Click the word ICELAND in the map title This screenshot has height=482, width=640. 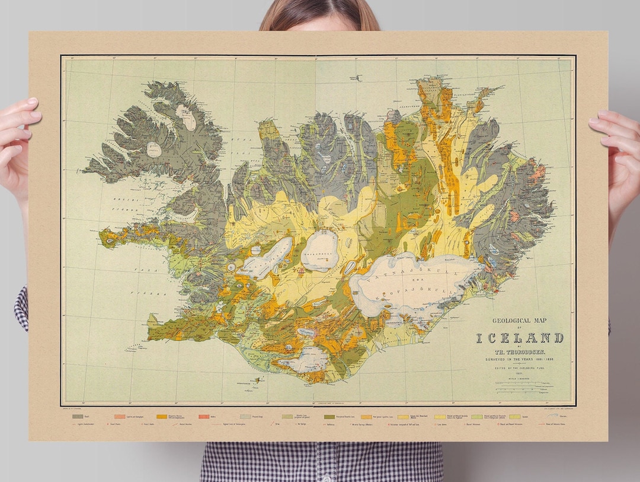pyautogui.click(x=520, y=338)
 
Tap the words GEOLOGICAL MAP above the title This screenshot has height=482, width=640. pyautogui.click(x=520, y=321)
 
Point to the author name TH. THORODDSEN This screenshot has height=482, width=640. pyautogui.click(x=520, y=351)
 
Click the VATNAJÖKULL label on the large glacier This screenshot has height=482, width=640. pyautogui.click(x=409, y=275)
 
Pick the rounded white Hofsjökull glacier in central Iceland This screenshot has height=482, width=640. pyautogui.click(x=319, y=250)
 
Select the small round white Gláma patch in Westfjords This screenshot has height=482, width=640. pyautogui.click(x=155, y=149)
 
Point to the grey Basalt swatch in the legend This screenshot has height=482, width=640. pyautogui.click(x=77, y=417)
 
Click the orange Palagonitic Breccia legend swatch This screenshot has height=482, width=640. pyautogui.click(x=161, y=417)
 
